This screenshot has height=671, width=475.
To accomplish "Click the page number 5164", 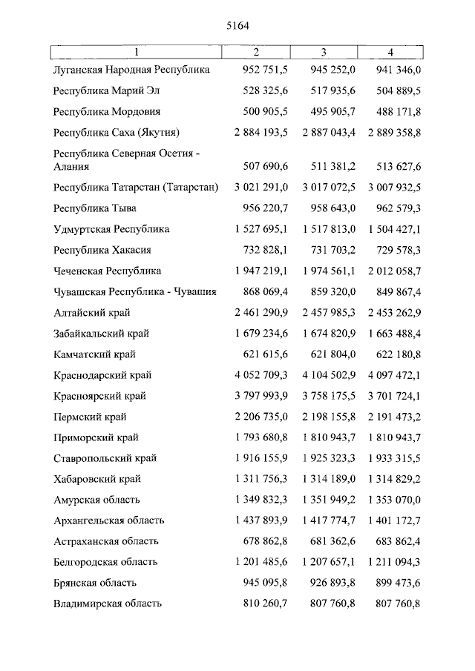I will [237, 24].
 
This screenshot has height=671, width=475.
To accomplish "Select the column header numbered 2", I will [256, 52].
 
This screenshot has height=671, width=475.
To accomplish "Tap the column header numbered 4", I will [390, 52].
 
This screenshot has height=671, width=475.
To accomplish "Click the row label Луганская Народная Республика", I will [131, 70].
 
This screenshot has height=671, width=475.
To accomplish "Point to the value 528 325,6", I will [266, 90].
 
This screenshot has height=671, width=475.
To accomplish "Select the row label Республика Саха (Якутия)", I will [117, 133].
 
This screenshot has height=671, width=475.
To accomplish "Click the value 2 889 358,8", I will [387, 133].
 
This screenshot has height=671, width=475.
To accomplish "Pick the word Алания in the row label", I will [72, 167].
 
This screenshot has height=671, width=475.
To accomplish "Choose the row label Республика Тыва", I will [95, 208].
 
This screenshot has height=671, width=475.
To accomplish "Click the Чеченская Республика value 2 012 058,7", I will [387, 271].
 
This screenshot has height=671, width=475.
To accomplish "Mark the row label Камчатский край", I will [94, 354].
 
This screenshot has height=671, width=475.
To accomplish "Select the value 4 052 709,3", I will [260, 375].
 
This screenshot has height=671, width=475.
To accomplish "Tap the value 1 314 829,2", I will [387, 479].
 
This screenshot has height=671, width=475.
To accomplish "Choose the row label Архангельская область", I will [109, 520].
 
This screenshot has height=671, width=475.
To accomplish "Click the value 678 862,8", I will [266, 541].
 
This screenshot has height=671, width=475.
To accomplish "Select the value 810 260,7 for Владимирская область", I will [266, 604].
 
